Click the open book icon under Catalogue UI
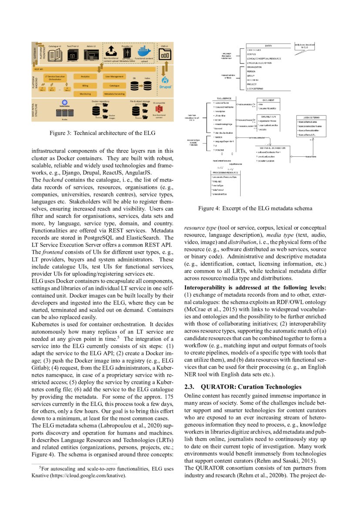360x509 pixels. click(55, 54)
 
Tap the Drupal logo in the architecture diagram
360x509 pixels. click(166, 81)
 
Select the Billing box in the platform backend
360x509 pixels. click(85, 86)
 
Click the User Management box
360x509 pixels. click(114, 76)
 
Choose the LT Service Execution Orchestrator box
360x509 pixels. click(56, 78)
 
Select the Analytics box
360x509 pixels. click(85, 76)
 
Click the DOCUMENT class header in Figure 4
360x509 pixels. click(268, 100)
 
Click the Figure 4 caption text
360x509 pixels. click(255, 209)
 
